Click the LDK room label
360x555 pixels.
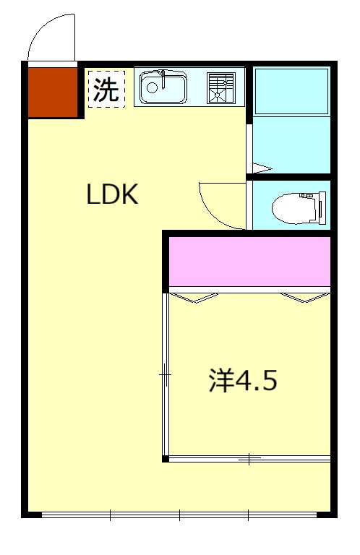tap(112, 194)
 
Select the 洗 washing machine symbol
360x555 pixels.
tap(106, 89)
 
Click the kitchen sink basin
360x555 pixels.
tap(163, 89)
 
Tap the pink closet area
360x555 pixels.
tap(249, 261)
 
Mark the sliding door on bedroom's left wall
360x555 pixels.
tap(166, 376)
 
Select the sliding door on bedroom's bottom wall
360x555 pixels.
tap(249, 457)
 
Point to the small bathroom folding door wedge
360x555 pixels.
tap(260, 168)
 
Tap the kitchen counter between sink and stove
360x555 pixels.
tap(197, 87)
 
